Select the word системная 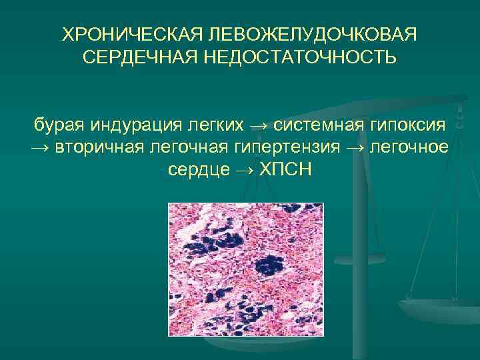[x=318, y=123]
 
